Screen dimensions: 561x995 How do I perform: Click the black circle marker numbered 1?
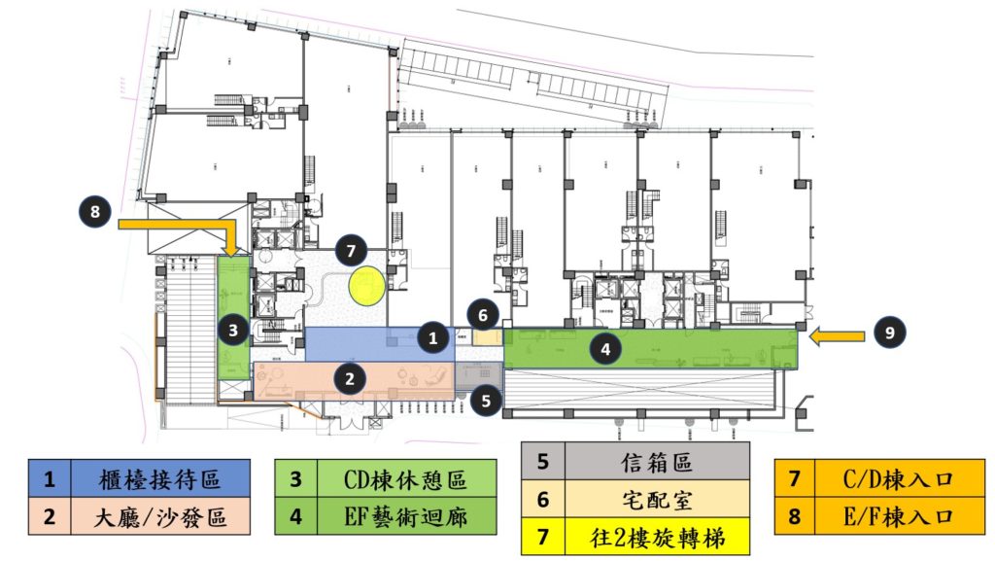tap(433, 337)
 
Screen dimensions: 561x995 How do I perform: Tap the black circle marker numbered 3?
tap(233, 331)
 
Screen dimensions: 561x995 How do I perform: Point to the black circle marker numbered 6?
tap(482, 314)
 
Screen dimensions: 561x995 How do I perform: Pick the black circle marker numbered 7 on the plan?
tap(352, 251)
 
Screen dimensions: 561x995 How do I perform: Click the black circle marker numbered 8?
tap(94, 210)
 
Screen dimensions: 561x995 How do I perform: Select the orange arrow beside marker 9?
tap(839, 336)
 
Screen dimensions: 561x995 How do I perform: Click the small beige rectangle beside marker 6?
tap(490, 337)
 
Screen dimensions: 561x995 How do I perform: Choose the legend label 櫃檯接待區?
tap(159, 479)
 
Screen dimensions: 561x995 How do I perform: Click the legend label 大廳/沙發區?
tap(159, 517)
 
